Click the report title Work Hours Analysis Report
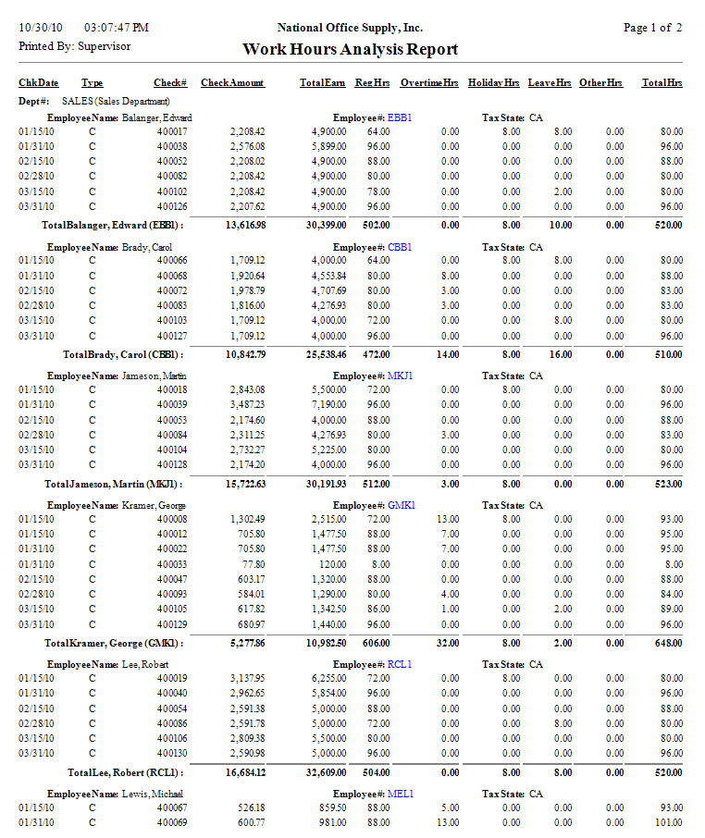(350, 50)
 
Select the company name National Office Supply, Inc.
(350, 29)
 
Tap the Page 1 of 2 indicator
(652, 29)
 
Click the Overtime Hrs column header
(428, 83)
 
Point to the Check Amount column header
(232, 83)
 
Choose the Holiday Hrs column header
(493, 83)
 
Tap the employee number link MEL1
(401, 794)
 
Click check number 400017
(172, 132)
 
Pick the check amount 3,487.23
(247, 405)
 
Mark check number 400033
(172, 564)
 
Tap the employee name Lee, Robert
(147, 665)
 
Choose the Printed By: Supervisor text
(74, 45)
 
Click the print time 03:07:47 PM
(116, 29)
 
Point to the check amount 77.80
(253, 564)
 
